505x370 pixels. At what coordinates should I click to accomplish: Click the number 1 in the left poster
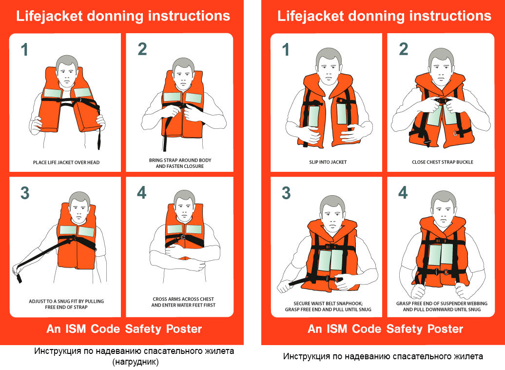pos(24,50)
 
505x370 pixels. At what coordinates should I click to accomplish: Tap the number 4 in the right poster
pos(403,193)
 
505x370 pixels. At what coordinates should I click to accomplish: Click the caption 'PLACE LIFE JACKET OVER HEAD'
pos(66,162)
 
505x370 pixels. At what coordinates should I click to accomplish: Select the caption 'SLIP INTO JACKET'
pos(328,162)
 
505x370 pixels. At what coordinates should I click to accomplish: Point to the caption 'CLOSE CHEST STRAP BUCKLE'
pos(443,162)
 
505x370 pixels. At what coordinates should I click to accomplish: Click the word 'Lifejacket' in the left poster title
pos(49,16)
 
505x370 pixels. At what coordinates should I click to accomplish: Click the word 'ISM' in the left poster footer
pos(76,329)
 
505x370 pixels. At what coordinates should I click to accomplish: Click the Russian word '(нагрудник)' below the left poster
pos(136,362)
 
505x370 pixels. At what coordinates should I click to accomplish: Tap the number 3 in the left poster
pos(25,193)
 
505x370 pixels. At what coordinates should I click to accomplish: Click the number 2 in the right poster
pos(404,49)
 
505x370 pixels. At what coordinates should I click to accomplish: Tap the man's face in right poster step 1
pos(329,68)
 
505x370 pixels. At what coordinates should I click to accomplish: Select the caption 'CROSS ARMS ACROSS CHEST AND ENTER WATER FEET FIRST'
pos(183,302)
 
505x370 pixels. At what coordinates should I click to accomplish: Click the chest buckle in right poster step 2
pos(441,101)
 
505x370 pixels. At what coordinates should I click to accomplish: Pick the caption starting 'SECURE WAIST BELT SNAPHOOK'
pos(328,307)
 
